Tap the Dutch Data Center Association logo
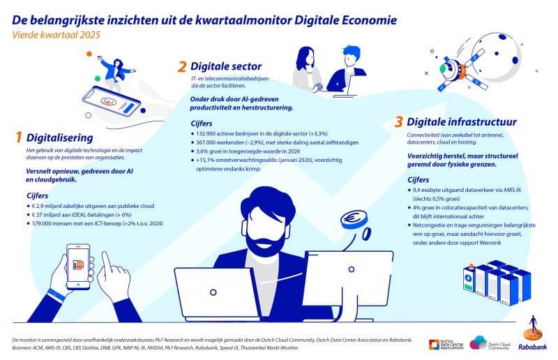pyautogui.click(x=446, y=345)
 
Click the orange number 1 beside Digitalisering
pyautogui.click(x=19, y=137)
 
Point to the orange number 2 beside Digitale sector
pyautogui.click(x=182, y=66)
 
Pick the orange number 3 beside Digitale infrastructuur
pyautogui.click(x=398, y=122)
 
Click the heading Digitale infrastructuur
pyautogui.click(x=462, y=122)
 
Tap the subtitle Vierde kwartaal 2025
pyautogui.click(x=56, y=35)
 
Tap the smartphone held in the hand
pyautogui.click(x=78, y=266)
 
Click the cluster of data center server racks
pyautogui.click(x=497, y=283)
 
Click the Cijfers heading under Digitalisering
pyautogui.click(x=38, y=195)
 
